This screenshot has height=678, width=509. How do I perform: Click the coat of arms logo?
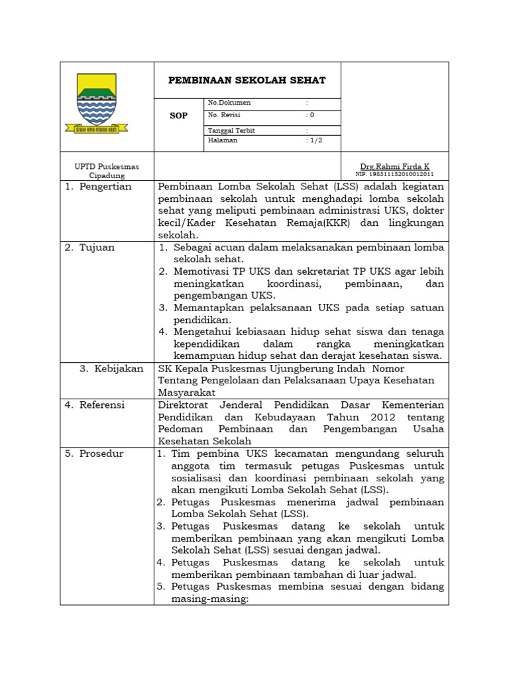pyautogui.click(x=102, y=103)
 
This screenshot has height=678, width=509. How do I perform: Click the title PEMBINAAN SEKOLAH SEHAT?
pyautogui.click(x=247, y=80)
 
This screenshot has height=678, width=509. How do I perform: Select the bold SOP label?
pyautogui.click(x=178, y=116)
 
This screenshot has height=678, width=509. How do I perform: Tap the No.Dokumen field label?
pyautogui.click(x=229, y=103)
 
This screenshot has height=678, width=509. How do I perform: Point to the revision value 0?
pyautogui.click(x=312, y=115)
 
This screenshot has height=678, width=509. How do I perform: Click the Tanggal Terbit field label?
pyautogui.click(x=231, y=130)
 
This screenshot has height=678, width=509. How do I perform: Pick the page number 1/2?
pyautogui.click(x=315, y=140)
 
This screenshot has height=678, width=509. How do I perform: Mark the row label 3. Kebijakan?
pyautogui.click(x=111, y=369)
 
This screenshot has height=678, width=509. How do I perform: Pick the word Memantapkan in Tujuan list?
pyautogui.click(x=207, y=308)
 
